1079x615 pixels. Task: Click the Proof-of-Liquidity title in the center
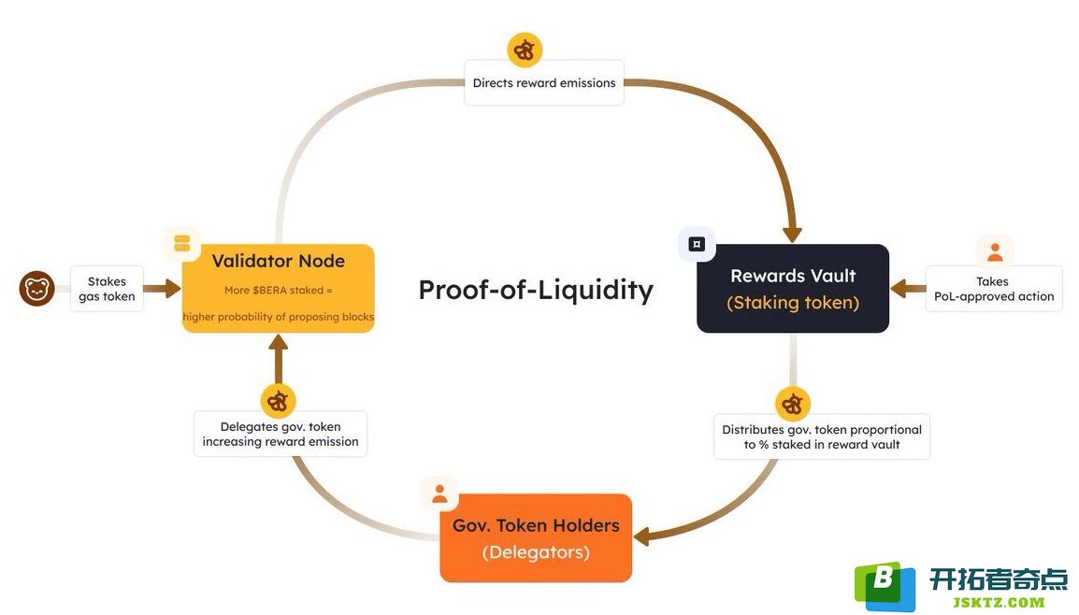tap(536, 290)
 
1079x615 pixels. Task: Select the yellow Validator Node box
tap(278, 288)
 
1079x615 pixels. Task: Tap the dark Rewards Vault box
tap(793, 288)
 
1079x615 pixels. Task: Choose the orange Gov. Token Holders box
tap(536, 538)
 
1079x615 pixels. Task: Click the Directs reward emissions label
tap(543, 82)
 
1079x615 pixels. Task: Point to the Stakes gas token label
tap(107, 289)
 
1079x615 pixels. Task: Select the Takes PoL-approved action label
tap(994, 289)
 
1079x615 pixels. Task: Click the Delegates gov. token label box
tap(281, 434)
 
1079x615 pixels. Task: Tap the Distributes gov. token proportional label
tap(822, 436)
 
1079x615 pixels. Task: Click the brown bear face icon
tap(37, 288)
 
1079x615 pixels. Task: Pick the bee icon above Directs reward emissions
tap(525, 50)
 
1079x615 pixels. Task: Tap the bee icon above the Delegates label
tap(278, 401)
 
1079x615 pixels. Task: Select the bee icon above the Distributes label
tap(793, 404)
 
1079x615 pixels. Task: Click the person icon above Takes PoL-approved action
tap(995, 251)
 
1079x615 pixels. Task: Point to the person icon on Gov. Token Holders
tap(439, 493)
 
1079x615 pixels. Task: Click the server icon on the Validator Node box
tap(182, 244)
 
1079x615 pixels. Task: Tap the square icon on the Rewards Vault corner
tap(697, 244)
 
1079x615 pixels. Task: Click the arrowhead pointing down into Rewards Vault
tap(793, 234)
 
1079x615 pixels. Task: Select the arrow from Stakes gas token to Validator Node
tap(163, 288)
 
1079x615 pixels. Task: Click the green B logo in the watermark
tap(885, 586)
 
